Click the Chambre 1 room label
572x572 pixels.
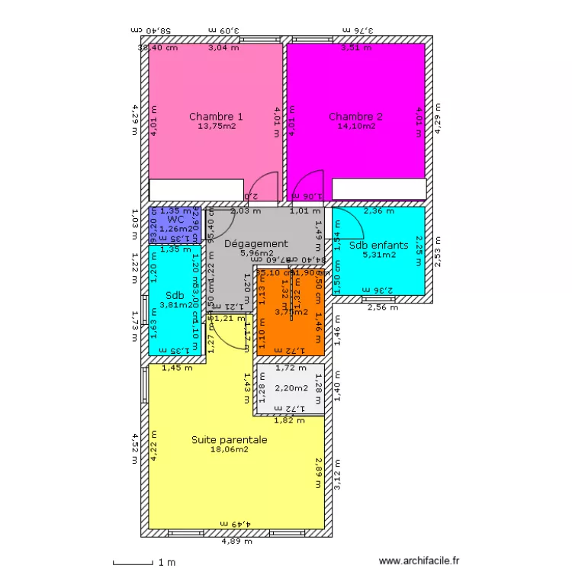[x=216, y=117]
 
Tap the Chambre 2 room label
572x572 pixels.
[x=355, y=117]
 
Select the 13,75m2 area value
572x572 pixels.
[x=216, y=127]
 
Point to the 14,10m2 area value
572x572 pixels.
[x=356, y=127]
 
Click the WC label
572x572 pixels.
[x=175, y=219]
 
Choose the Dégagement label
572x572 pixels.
[x=256, y=244]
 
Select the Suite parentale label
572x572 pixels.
[x=229, y=440]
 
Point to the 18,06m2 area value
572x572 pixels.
[x=229, y=450]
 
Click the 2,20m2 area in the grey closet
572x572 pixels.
[x=289, y=388]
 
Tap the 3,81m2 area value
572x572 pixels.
[x=175, y=305]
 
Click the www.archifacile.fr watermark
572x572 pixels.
[x=420, y=561]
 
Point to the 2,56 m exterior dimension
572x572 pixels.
[x=382, y=307]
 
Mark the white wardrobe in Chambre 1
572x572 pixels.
[x=196, y=189]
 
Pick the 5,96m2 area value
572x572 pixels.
[x=256, y=253]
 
